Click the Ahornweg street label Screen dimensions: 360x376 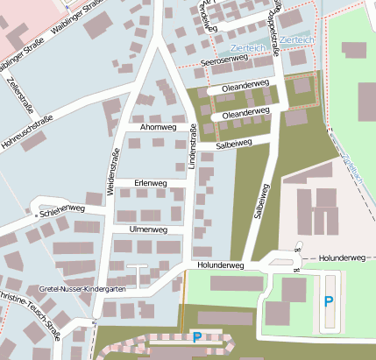pyautogui.click(x=159, y=127)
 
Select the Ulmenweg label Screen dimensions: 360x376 pyautogui.click(x=147, y=229)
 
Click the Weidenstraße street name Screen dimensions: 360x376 pyautogui.click(x=112, y=171)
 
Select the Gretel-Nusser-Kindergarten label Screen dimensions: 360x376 pyautogui.click(x=82, y=288)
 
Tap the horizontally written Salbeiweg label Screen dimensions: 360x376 pyautogui.click(x=234, y=143)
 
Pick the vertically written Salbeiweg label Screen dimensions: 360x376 pyautogui.click(x=259, y=201)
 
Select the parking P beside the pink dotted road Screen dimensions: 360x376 pyautogui.click(x=196, y=336)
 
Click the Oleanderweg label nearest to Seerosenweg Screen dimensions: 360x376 pyautogui.click(x=245, y=86)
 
